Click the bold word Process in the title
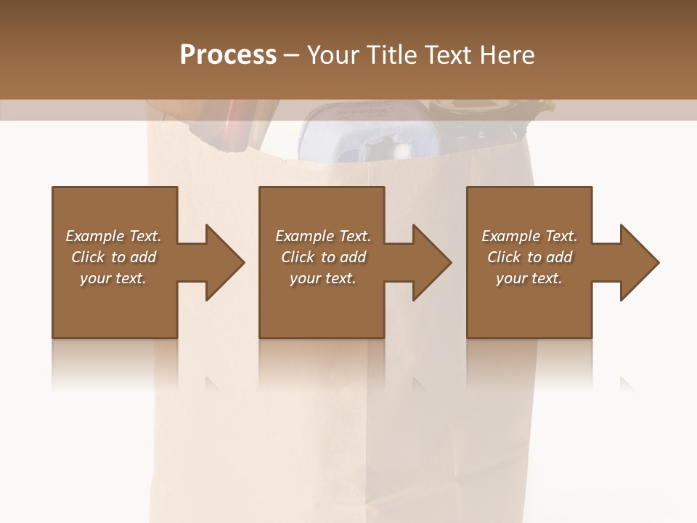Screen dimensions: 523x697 pos(228,55)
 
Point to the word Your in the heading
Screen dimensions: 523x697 pos(333,55)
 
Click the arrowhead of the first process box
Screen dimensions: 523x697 pos(222,262)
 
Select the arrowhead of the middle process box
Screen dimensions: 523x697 pos(430,262)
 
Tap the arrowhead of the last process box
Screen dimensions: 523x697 pos(637,262)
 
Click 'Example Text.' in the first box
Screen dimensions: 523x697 pos(113,236)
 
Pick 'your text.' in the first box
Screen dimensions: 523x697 pos(113,278)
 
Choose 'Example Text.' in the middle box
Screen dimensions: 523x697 pos(323,236)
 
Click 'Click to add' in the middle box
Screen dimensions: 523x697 pos(323,257)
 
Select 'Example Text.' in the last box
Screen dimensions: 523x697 pos(529,236)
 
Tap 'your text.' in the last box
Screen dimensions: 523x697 pos(529,278)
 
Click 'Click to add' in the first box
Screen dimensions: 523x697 pos(113,257)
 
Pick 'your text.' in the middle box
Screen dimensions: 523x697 pos(323,278)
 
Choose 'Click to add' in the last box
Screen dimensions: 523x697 pos(529,257)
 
